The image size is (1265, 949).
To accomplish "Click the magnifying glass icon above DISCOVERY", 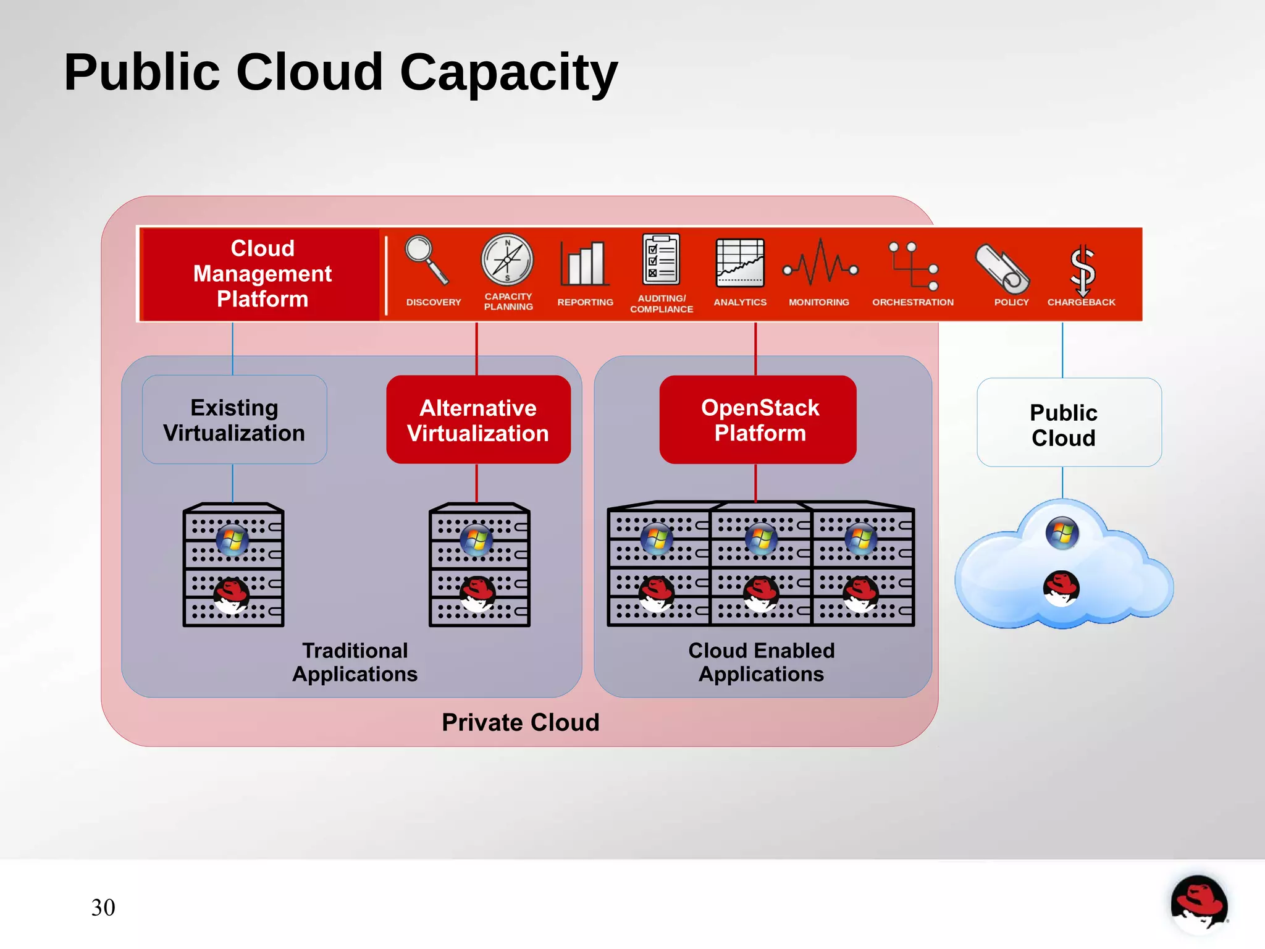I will click(426, 260).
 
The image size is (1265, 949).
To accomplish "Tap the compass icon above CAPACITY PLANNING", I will click(507, 259).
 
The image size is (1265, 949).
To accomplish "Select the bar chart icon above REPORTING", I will click(584, 264).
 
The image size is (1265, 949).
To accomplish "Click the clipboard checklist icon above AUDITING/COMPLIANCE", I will click(660, 259).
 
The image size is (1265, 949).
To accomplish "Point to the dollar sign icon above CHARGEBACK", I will click(1082, 270).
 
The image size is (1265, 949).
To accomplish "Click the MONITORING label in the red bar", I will click(818, 302).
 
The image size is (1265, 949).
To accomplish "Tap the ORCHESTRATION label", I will click(912, 302).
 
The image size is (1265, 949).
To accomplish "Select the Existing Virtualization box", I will click(234, 420).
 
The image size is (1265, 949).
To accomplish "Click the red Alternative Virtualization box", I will click(478, 420).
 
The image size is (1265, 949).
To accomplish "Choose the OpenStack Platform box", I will click(759, 420).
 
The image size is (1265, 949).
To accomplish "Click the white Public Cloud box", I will click(1069, 424).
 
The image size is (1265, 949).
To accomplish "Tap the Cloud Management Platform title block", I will click(262, 274).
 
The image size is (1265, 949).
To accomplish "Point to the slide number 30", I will click(103, 908).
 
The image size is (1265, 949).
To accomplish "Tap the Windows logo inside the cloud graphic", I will click(1062, 533).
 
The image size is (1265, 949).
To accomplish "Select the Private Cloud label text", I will click(520, 722).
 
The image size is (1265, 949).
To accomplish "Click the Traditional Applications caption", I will click(355, 662).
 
